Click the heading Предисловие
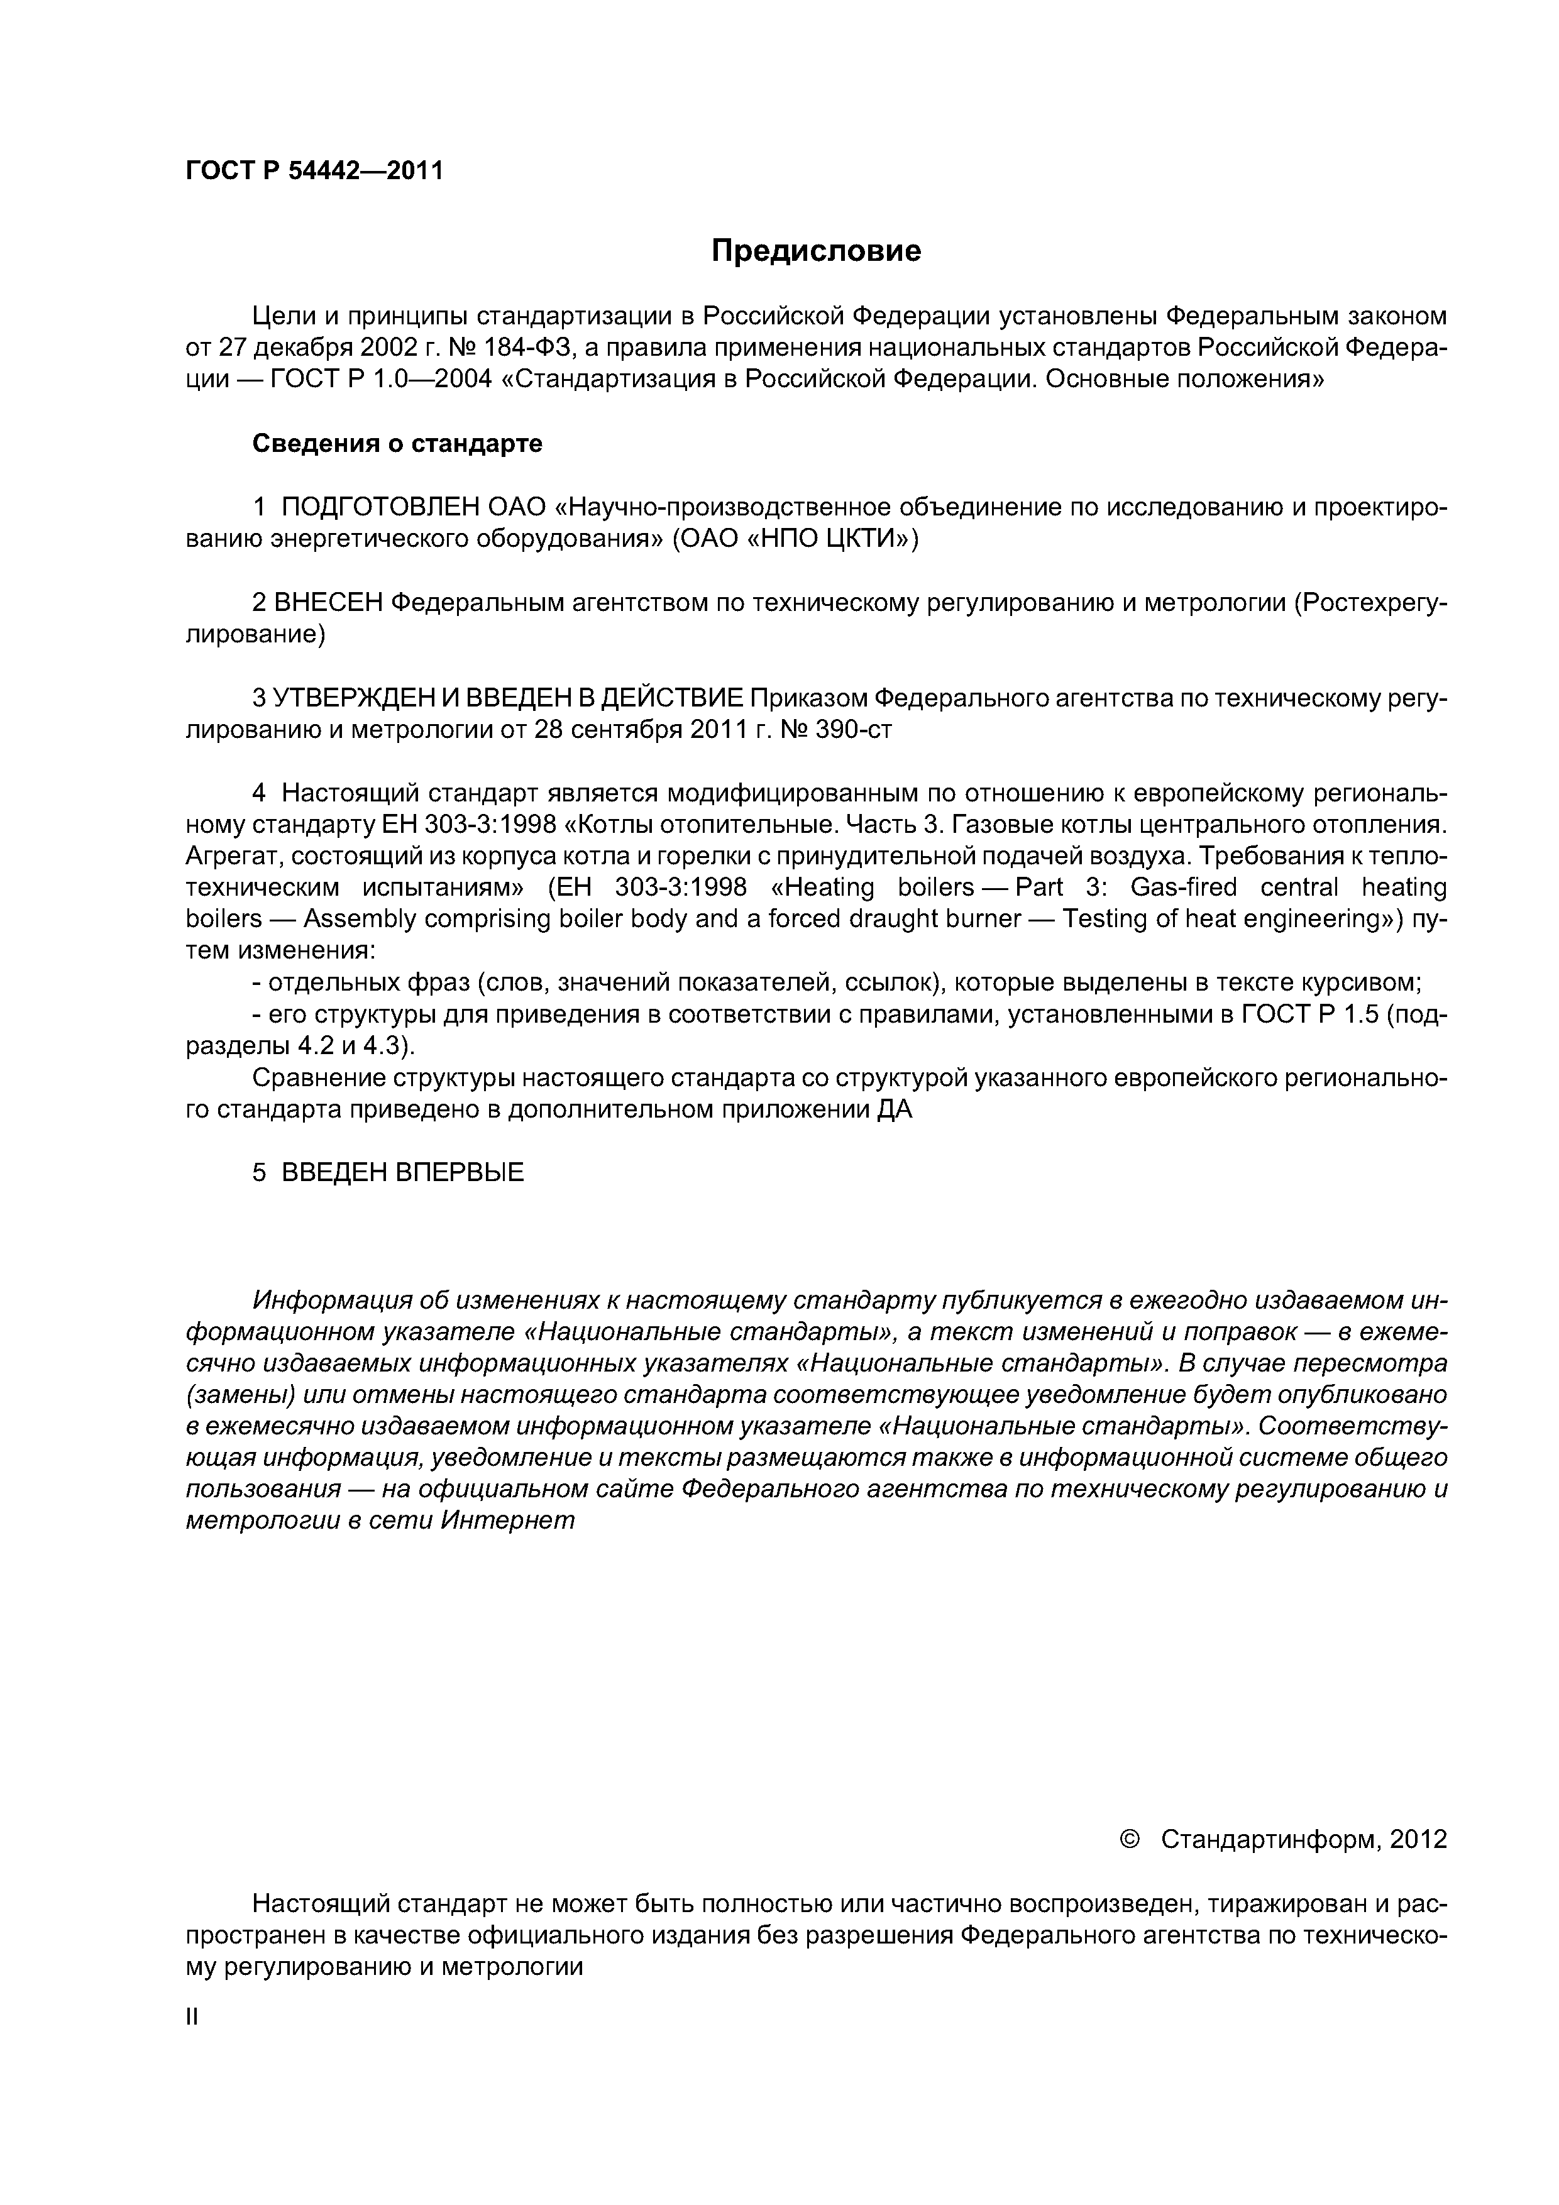[x=815, y=251]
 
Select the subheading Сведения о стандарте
[x=397, y=444]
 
